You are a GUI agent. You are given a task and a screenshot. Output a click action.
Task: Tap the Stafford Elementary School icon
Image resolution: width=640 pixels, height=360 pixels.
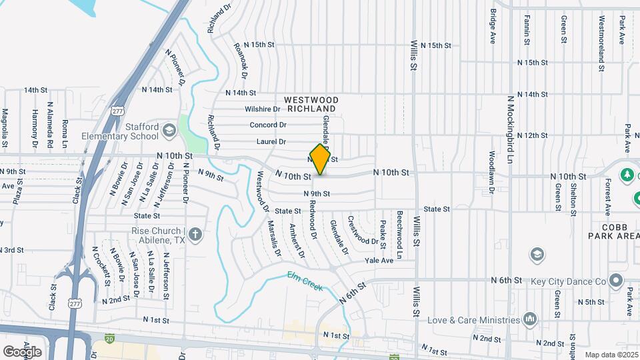point(168,129)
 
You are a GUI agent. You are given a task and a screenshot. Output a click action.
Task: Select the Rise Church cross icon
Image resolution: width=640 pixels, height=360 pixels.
point(195,234)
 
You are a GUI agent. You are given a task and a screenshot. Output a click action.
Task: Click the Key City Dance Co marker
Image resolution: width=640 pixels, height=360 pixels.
point(616,281)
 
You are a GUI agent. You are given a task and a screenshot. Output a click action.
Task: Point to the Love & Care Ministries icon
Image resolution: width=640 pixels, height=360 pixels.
point(530,318)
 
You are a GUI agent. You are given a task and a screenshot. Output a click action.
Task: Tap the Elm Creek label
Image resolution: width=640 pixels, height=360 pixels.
point(305,281)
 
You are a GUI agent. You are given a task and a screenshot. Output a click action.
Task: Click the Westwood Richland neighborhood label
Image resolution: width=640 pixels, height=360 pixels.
point(311,104)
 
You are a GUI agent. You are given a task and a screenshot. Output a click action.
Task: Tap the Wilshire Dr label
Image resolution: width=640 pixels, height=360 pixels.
point(262,109)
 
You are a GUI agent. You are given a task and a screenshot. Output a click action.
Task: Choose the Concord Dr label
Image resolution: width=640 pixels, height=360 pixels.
point(268,125)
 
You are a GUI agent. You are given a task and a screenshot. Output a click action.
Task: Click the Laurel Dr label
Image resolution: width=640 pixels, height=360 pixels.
point(271,141)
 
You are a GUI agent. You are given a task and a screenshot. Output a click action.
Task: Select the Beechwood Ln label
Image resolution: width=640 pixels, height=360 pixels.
point(400,235)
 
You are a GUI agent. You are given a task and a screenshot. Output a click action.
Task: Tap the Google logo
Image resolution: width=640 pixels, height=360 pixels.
point(22,351)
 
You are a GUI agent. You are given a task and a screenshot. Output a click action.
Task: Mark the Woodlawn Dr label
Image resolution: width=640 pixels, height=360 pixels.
point(491,180)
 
